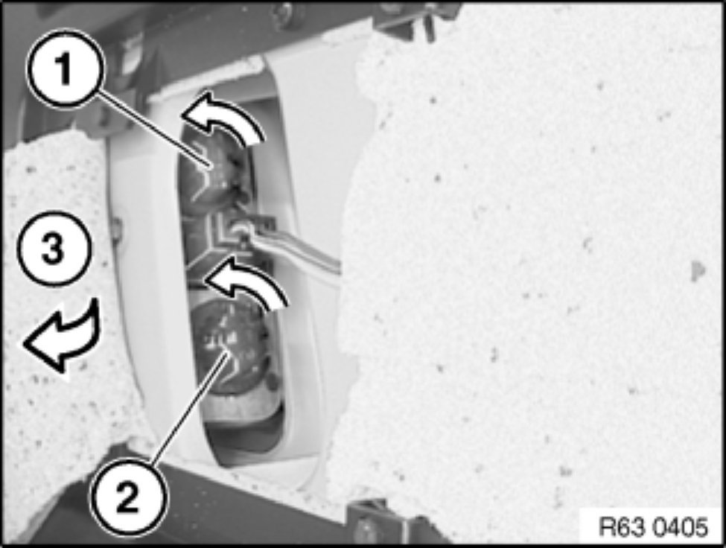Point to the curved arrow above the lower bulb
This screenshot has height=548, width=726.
(x=246, y=283)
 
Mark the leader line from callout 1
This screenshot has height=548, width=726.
(x=155, y=130)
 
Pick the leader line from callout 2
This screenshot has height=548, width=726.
(x=189, y=407)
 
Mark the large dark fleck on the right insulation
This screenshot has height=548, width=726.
(x=698, y=271)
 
